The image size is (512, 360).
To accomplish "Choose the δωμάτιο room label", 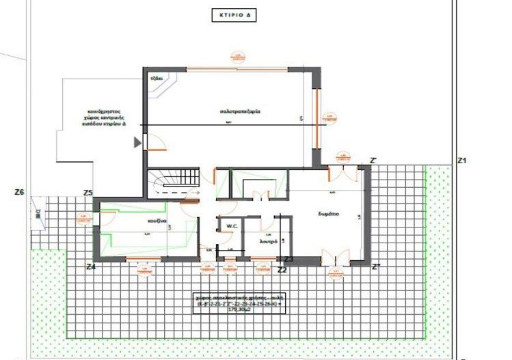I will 328,214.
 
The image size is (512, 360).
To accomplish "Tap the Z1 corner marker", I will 461,161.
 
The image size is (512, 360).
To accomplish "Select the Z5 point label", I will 87,193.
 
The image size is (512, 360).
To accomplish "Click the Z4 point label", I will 90,266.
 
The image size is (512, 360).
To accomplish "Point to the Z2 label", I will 282,271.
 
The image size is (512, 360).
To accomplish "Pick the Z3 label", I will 288,260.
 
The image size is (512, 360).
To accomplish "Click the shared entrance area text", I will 104,117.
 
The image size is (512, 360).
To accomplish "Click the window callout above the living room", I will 237,57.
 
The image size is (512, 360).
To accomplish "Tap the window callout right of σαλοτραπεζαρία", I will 333,118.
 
